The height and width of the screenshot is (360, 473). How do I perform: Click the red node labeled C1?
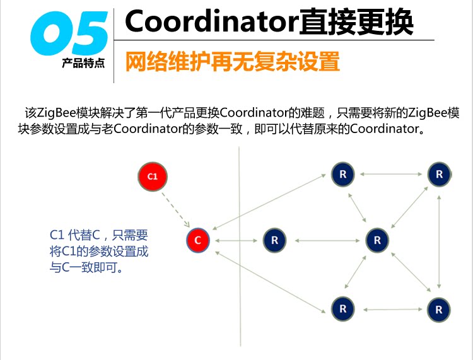pyautogui.click(x=153, y=177)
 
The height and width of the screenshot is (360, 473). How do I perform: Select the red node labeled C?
pyautogui.click(x=198, y=240)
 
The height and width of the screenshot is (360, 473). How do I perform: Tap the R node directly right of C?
pyautogui.click(x=274, y=240)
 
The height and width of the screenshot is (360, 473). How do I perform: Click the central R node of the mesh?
pyautogui.click(x=377, y=240)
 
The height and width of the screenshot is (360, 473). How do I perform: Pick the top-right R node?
pyautogui.click(x=439, y=174)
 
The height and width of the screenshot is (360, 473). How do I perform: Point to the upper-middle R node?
pyautogui.click(x=343, y=174)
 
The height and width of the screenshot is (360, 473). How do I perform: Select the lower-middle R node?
pyautogui.click(x=343, y=309)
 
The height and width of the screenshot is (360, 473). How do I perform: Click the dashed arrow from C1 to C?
pyautogui.click(x=175, y=208)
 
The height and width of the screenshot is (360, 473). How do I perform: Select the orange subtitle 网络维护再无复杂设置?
pyautogui.click(x=233, y=62)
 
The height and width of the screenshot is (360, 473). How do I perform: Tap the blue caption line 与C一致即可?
pyautogui.click(x=86, y=267)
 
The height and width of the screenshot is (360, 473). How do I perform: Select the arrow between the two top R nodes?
pyautogui.click(x=391, y=174)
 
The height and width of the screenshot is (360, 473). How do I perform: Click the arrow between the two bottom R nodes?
pyautogui.click(x=391, y=309)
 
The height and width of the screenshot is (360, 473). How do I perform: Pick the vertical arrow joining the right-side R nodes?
pyautogui.click(x=440, y=241)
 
